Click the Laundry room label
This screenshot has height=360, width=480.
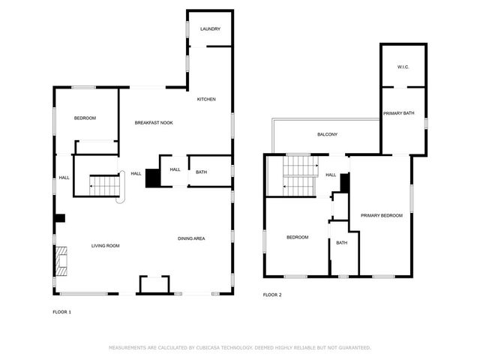(210, 29)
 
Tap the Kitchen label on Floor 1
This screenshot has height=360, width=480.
(206, 99)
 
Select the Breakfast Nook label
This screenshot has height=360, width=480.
(154, 123)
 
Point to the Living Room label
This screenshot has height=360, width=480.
(105, 246)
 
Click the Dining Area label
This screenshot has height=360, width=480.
(191, 238)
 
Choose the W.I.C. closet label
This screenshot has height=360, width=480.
(403, 67)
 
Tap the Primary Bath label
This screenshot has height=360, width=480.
(398, 113)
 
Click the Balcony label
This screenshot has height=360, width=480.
(327, 134)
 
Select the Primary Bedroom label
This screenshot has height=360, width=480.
(382, 215)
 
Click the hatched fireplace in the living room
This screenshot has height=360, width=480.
(61, 261)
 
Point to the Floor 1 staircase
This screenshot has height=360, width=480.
(104, 185)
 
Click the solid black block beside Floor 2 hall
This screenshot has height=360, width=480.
(345, 183)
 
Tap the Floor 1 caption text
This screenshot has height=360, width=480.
(61, 312)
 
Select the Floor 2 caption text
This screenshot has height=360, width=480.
(272, 295)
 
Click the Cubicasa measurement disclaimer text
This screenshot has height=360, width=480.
(240, 348)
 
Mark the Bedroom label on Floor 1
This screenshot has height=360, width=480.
(85, 118)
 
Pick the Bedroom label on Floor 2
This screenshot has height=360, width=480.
(297, 237)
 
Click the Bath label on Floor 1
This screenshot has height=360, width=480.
(201, 172)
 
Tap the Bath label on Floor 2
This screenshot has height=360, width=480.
(342, 243)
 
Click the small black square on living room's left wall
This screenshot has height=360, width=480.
(60, 218)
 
